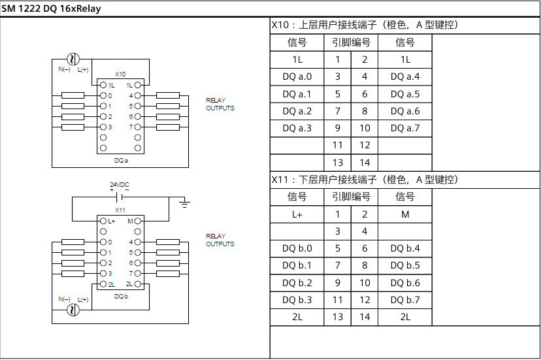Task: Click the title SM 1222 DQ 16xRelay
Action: pos(50,9)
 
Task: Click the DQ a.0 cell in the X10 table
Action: pos(297,76)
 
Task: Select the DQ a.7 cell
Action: pos(405,128)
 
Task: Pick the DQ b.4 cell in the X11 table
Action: pos(405,248)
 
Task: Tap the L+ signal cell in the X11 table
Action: pos(297,214)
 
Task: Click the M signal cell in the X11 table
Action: pos(405,214)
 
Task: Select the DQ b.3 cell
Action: pos(297,300)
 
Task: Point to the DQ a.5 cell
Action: pos(405,94)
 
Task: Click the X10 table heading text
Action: pos(363,25)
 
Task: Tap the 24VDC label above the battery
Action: pos(120,185)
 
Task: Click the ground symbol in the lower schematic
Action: pos(185,205)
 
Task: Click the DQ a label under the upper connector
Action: pos(120,159)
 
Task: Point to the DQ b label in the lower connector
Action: pos(120,297)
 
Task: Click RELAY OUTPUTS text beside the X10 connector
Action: pos(220,104)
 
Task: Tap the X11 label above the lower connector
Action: pos(120,210)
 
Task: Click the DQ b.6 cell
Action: pos(405,283)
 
